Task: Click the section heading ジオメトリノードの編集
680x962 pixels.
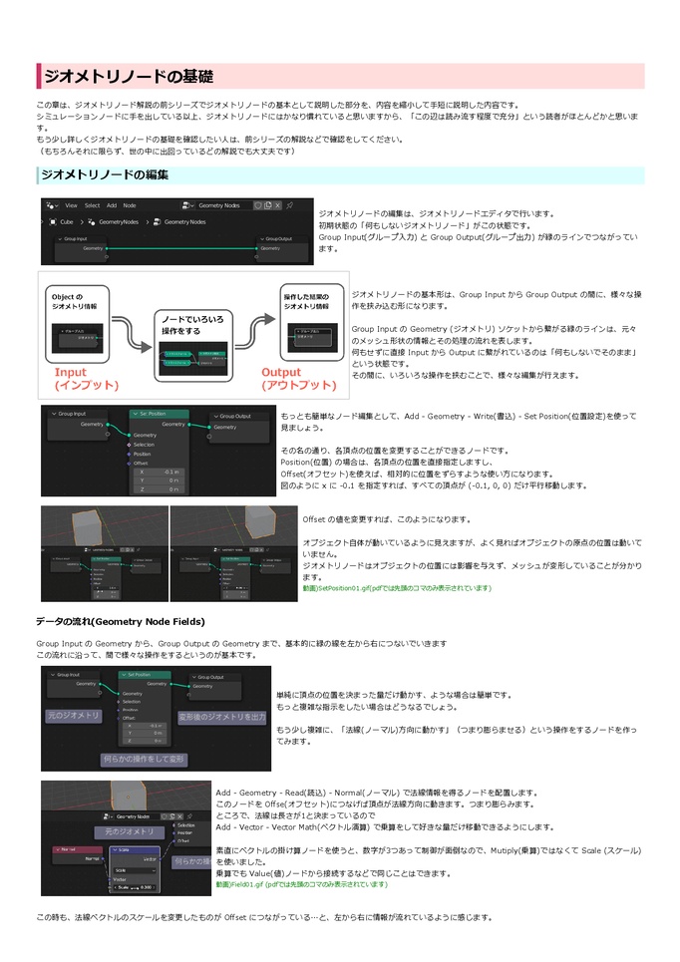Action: (x=104, y=175)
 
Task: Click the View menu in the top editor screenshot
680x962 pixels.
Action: (x=71, y=205)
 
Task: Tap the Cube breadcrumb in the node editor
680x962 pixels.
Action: (x=67, y=221)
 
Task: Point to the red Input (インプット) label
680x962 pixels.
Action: (x=86, y=379)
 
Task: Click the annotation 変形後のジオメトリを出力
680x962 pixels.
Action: (x=222, y=717)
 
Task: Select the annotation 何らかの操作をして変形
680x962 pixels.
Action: (x=144, y=759)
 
